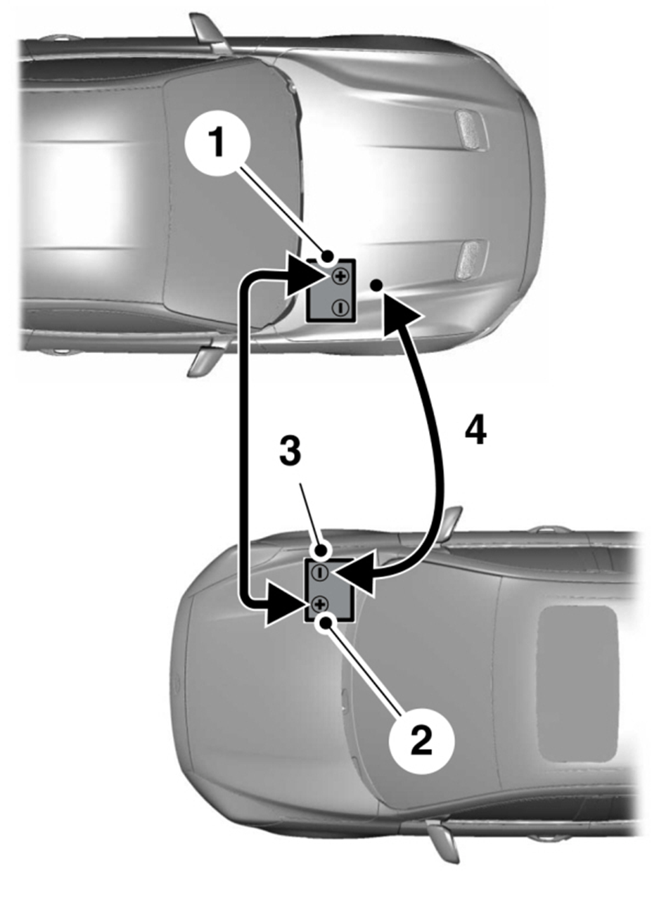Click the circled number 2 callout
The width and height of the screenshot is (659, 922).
point(420,740)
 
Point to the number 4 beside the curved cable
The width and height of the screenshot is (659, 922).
point(475,430)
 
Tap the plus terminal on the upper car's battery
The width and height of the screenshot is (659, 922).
point(340,276)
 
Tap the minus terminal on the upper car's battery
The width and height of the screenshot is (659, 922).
point(339,307)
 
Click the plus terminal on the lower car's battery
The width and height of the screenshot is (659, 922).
point(320,603)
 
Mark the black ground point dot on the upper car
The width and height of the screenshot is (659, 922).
point(377,284)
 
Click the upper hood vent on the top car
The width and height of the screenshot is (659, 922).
point(471,129)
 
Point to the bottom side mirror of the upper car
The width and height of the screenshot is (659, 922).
point(205,357)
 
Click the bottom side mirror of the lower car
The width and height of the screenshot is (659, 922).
point(444,839)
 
